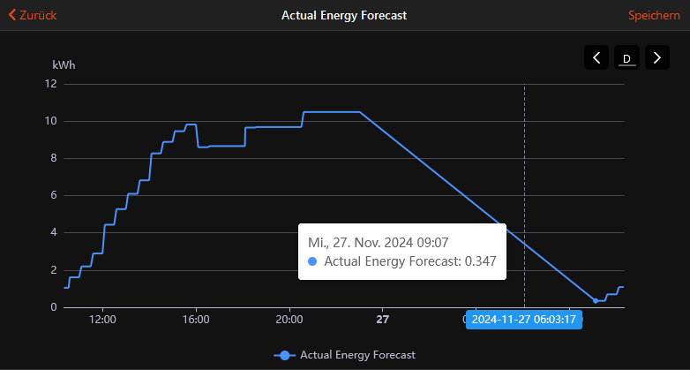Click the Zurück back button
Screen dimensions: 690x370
click(33, 15)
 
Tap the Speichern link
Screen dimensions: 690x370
click(654, 15)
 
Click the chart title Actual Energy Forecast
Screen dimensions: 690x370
click(344, 15)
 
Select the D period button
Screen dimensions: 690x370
click(626, 57)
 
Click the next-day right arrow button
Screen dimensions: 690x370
click(657, 57)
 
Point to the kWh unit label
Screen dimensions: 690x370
click(64, 65)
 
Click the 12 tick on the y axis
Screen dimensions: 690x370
click(51, 84)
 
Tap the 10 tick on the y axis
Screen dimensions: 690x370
click(51, 121)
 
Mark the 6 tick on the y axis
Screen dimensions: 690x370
click(54, 195)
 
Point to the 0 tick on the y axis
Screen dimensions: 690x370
click(54, 307)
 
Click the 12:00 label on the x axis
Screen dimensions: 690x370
click(102, 320)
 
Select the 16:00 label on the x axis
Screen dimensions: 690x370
click(196, 320)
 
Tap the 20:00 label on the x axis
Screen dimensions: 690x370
click(289, 320)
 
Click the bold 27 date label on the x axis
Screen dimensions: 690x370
click(383, 320)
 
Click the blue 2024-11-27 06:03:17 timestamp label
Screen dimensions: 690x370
click(523, 320)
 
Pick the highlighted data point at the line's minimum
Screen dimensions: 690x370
click(596, 301)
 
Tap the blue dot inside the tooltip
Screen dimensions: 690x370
click(312, 261)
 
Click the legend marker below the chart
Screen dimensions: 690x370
click(285, 356)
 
